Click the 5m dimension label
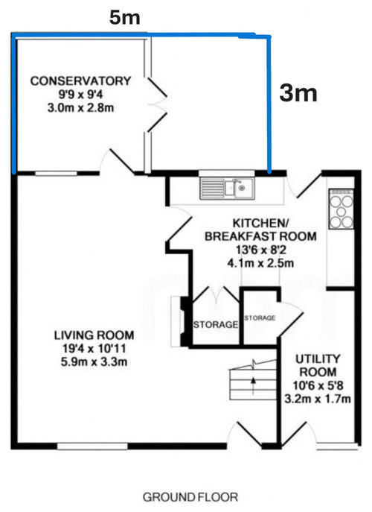tap(124, 18)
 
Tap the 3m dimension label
tap(298, 93)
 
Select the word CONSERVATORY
tap(80, 80)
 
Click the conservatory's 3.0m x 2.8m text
tap(80, 107)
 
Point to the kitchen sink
tap(227, 188)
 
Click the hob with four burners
tap(341, 209)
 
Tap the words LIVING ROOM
tap(94, 335)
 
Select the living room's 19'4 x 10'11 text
tap(94, 348)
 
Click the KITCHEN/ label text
tap(260, 223)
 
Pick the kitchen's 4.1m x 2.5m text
tap(260, 263)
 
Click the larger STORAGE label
tap(216, 325)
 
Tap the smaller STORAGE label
tap(260, 317)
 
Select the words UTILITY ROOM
tap(318, 365)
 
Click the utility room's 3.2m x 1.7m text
tap(318, 399)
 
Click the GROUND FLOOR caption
tap(190, 497)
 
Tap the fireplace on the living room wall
tap(180, 321)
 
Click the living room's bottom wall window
tap(92, 446)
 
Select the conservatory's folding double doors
tap(155, 104)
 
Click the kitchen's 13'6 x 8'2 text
tap(260, 250)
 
